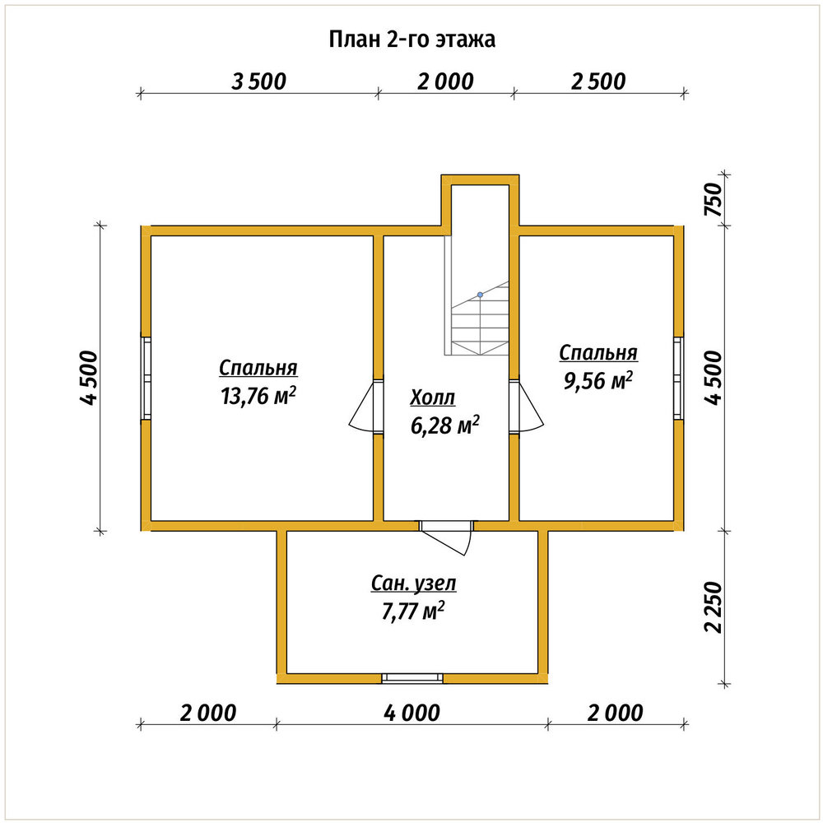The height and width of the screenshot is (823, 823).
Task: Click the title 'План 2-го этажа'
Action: tap(412, 40)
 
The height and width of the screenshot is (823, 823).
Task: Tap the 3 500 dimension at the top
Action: tap(258, 81)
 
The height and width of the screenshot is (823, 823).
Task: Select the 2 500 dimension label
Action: tap(598, 81)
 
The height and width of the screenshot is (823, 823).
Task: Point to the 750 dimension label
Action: tap(714, 199)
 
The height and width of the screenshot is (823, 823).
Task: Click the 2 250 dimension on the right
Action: tap(714, 607)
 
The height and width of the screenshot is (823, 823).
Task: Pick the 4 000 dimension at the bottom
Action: tap(412, 713)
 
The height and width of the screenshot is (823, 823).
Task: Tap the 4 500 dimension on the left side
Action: tap(89, 378)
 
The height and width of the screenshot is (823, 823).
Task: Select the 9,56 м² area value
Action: tap(597, 380)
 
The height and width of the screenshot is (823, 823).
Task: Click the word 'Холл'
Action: tap(433, 398)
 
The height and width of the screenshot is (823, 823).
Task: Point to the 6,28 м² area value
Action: tap(445, 425)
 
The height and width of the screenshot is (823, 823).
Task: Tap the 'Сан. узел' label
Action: tap(414, 584)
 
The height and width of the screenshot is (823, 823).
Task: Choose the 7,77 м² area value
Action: tap(414, 611)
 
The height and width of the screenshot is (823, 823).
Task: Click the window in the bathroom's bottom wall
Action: tap(412, 678)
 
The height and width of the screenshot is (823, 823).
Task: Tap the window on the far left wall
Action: tap(146, 378)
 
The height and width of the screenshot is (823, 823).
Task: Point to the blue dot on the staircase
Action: tap(480, 295)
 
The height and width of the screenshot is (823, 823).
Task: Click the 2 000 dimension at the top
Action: tap(445, 81)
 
